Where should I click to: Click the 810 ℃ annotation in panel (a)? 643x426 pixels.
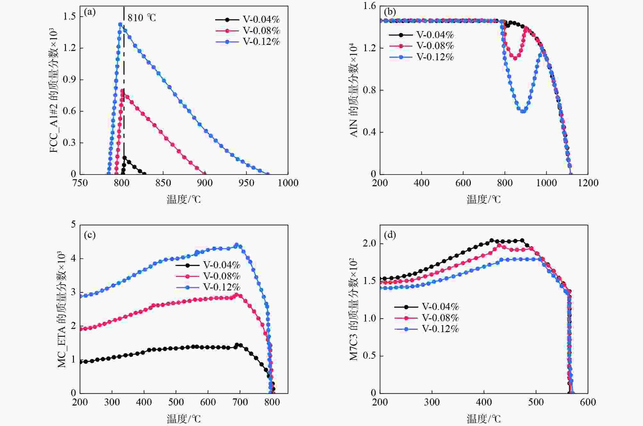point(142,18)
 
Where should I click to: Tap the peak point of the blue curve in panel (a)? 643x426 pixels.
point(120,24)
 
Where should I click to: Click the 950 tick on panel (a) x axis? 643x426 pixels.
point(246,183)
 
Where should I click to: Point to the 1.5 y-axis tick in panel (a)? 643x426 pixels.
point(69,16)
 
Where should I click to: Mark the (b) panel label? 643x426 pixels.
point(390,12)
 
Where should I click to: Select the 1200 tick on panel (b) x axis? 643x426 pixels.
point(588,183)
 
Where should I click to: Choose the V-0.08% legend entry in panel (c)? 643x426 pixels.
point(208,276)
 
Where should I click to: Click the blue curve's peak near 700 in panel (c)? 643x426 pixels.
point(237,245)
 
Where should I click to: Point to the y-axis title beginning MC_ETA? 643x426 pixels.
point(62,309)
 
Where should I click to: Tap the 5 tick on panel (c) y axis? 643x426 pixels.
point(74,224)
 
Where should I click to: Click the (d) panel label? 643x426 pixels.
point(390,235)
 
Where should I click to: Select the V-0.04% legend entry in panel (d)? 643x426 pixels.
point(427,307)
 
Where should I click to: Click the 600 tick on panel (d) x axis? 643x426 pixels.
point(588,402)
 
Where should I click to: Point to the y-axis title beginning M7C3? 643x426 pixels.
point(354,309)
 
